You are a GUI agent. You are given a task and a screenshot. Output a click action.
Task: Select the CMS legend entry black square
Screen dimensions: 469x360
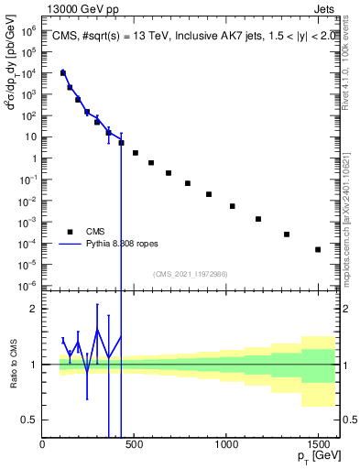(66, 232)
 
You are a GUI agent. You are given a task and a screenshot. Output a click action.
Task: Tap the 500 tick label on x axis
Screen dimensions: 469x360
(135, 444)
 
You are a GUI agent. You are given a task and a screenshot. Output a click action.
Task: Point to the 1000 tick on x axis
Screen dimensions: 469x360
(226, 444)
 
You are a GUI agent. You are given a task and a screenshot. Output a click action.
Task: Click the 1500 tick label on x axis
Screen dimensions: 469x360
(318, 444)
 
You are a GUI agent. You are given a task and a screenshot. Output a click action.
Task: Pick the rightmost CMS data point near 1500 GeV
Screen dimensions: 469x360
(318, 249)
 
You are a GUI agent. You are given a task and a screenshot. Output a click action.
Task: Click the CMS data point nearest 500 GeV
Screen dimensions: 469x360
(136, 153)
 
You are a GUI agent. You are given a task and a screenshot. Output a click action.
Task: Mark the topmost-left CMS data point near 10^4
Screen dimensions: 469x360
(63, 72)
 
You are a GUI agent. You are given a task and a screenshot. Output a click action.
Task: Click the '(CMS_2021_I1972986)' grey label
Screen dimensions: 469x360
(190, 274)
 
